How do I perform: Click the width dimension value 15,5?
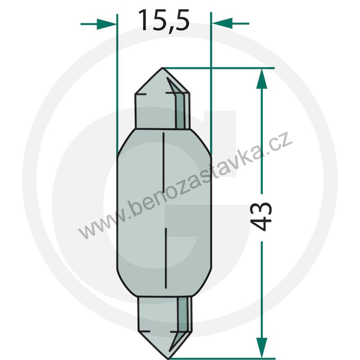click(163, 21)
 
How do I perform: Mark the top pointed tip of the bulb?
click(163, 68)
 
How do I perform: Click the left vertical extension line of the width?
click(117, 81)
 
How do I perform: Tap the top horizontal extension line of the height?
click(225, 68)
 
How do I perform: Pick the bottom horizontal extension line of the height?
click(225, 359)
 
